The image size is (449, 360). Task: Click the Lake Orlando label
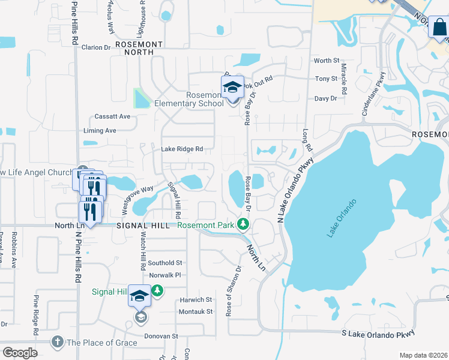[x=342, y=218]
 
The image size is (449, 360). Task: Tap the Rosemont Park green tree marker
[x=243, y=225]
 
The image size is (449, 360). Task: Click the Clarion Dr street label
[x=96, y=47]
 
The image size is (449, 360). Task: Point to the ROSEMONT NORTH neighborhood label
[x=139, y=48]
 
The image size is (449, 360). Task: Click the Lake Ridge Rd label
[x=182, y=149]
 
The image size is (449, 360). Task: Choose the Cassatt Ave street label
[x=112, y=116]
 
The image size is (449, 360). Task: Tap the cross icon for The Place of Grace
[x=58, y=342]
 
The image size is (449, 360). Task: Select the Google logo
[x=20, y=353]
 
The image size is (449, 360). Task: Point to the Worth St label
[x=327, y=61]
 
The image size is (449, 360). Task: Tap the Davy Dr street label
[x=327, y=98]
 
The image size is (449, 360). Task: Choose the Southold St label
[x=165, y=263]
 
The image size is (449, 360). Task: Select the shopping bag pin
[x=438, y=28]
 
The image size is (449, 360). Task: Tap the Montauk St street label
[x=196, y=311]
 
